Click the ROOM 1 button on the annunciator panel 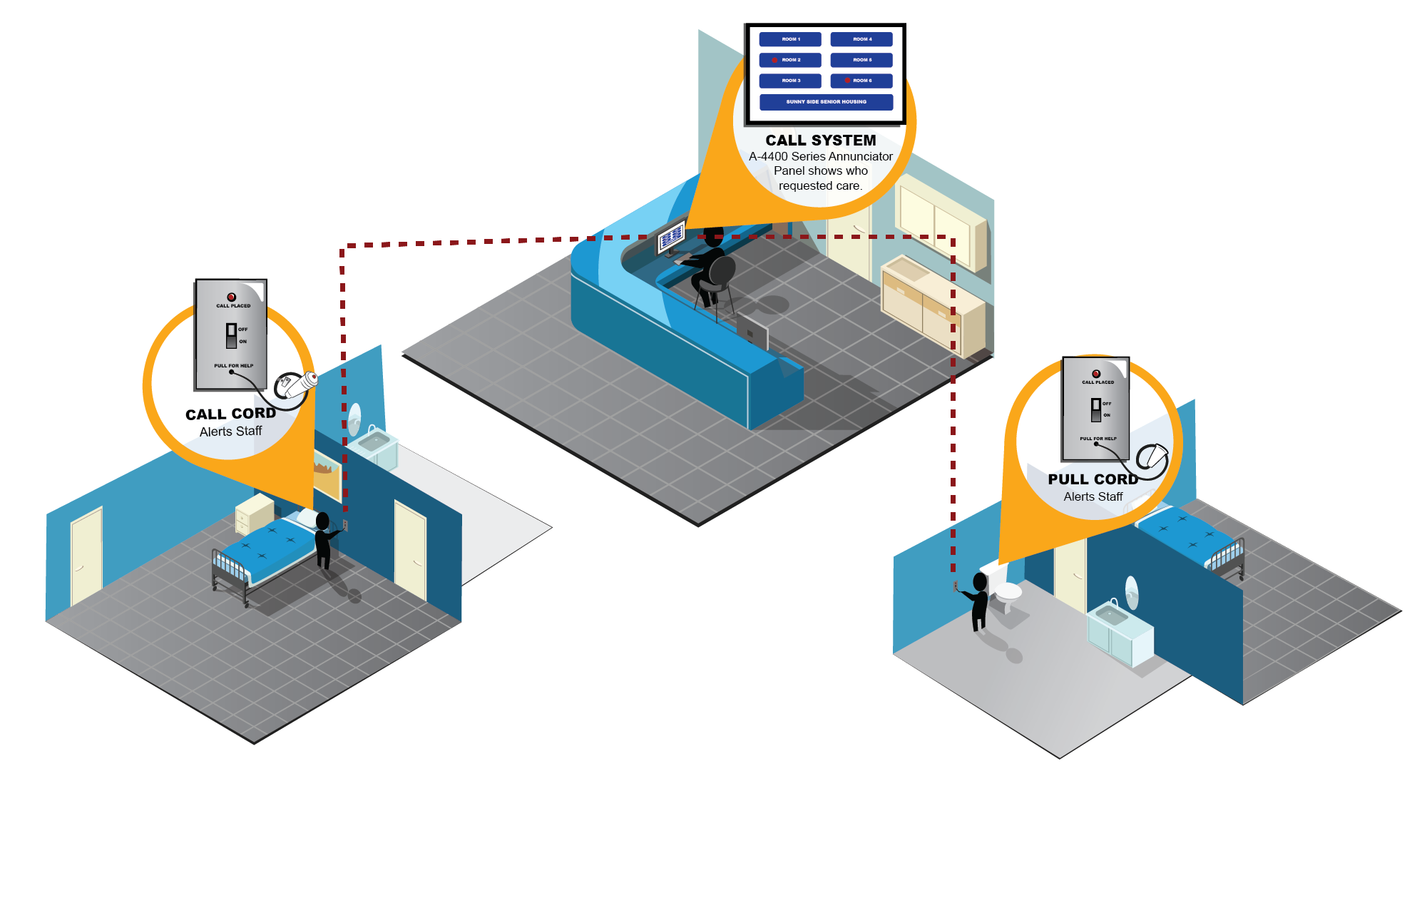click(x=790, y=39)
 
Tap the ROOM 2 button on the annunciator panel click(x=790, y=60)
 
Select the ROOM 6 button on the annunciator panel click(x=861, y=81)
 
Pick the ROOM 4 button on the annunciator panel click(x=861, y=39)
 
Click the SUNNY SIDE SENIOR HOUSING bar click(x=826, y=102)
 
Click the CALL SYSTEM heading click(x=821, y=141)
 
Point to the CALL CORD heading click(x=230, y=414)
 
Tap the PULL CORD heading click(x=1093, y=479)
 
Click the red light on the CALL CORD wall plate click(x=231, y=297)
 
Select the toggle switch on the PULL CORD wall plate click(x=1096, y=409)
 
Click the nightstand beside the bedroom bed click(x=255, y=512)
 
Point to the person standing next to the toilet click(x=980, y=603)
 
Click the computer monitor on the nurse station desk click(x=671, y=238)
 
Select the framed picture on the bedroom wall click(x=327, y=474)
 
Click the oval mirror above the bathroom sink click(x=1131, y=592)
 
